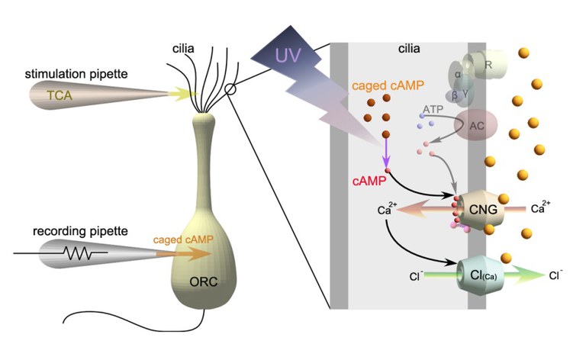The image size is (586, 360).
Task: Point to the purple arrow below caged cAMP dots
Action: click(x=386, y=155)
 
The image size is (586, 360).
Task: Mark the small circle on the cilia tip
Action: click(x=230, y=89)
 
